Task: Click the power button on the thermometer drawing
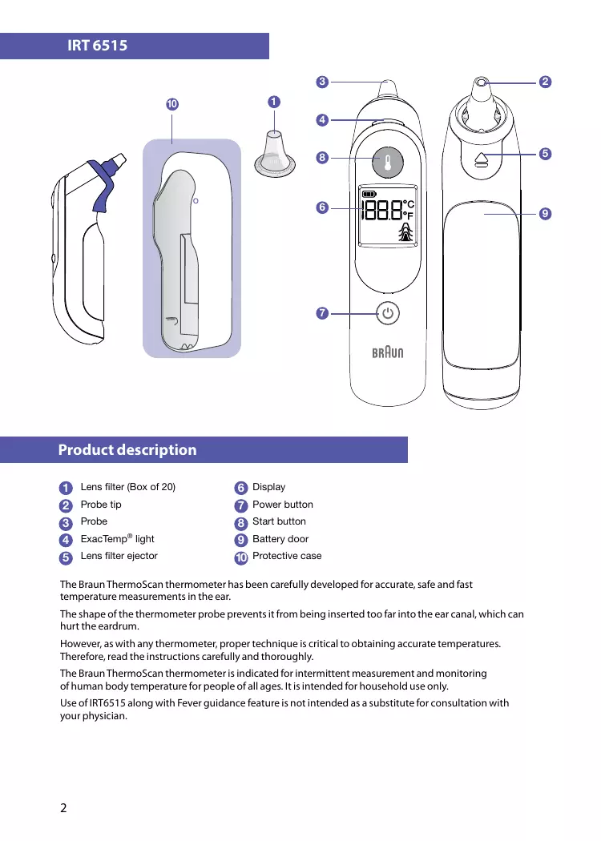[x=388, y=313]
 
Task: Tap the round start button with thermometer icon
[x=388, y=159]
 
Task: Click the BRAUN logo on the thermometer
[x=388, y=352]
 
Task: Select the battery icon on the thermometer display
[x=369, y=194]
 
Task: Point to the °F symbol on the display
[x=409, y=215]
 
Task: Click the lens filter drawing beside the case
[x=273, y=152]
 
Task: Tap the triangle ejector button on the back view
[x=481, y=159]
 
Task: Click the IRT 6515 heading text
[x=98, y=46]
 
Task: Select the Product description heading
[x=127, y=449]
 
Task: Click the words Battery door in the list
[x=280, y=539]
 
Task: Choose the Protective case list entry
[x=287, y=556]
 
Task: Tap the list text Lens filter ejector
[x=119, y=556]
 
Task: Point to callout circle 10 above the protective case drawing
[x=171, y=105]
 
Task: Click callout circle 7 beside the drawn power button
[x=321, y=313]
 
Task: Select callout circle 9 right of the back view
[x=545, y=214]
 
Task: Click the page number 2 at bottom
[x=64, y=807]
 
